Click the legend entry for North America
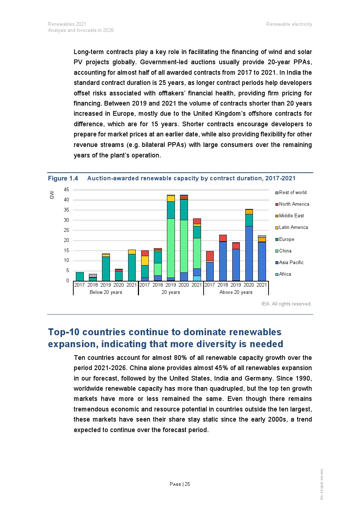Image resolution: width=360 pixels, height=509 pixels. coord(294,204)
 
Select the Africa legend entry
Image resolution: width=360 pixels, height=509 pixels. coord(285,274)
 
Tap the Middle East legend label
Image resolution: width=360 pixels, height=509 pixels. coord(291,216)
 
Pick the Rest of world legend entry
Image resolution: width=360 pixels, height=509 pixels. coord(292,193)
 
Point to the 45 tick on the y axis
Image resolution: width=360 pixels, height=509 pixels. coord(66,190)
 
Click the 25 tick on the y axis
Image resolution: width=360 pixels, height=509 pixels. coord(66,230)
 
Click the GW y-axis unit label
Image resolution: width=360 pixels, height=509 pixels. coord(52,195)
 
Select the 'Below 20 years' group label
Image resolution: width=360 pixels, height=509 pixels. coord(106,292)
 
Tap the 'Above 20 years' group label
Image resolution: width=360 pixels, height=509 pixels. coord(236,292)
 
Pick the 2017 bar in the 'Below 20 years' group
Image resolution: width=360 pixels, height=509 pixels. coord(79,276)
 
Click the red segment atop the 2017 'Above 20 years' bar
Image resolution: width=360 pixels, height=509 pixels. coord(210,256)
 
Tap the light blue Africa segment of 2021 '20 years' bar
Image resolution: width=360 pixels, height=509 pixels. coord(197,278)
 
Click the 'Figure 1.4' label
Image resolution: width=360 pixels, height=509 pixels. coord(63,178)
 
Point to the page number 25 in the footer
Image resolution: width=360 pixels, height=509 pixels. coord(187,484)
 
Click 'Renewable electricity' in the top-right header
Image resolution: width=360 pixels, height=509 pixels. coord(289,24)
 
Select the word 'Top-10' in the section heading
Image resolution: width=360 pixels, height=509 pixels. coord(64,332)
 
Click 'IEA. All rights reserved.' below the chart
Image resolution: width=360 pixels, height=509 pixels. coord(286,304)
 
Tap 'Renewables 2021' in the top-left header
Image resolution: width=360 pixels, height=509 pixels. coord(67,24)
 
